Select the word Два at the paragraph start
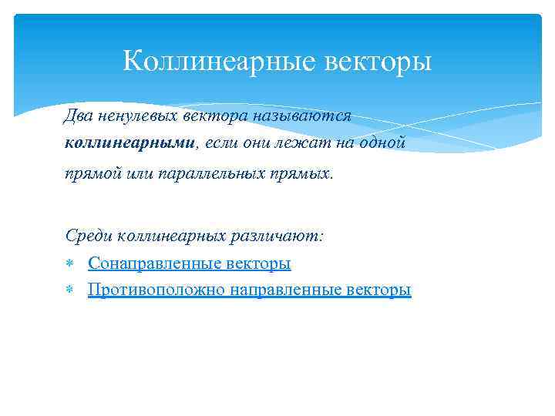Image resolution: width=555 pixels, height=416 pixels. pyautogui.click(x=76, y=116)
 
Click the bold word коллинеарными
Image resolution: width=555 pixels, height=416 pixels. pyautogui.click(x=131, y=143)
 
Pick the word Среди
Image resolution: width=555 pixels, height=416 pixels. pyautogui.click(x=86, y=236)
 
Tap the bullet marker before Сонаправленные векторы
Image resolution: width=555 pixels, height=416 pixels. pyautogui.click(x=69, y=263)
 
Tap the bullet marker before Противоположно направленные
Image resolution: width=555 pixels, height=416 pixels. pyautogui.click(x=69, y=290)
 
